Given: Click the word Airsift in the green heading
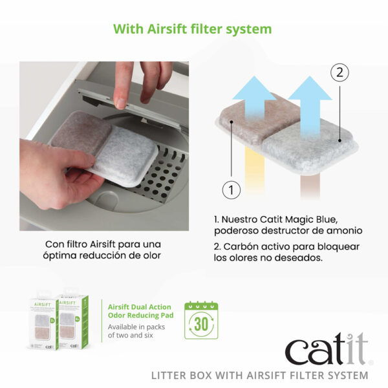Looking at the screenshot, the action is click(167, 29).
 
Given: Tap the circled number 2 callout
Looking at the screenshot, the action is click(339, 72).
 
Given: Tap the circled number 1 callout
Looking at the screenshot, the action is click(231, 190).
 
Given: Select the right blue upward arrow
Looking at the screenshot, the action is click(310, 107).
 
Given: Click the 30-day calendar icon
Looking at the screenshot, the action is click(201, 320).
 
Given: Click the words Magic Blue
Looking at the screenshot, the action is click(311, 219).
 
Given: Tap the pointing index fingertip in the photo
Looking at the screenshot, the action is click(121, 104).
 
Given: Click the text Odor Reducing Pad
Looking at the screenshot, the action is click(140, 316).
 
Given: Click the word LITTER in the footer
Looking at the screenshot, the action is click(169, 375).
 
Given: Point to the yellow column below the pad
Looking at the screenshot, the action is click(255, 171).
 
